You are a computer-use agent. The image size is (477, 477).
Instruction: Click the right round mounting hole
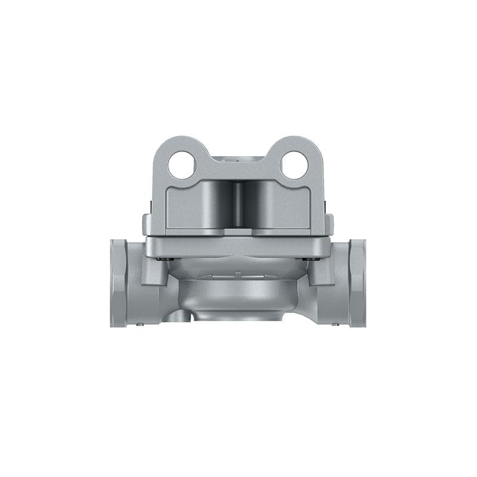point(294,165)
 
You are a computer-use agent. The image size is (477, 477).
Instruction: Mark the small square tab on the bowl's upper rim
point(238,274)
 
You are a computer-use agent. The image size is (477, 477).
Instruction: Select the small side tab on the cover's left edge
point(146,224)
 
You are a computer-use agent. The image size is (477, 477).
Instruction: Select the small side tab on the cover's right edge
point(330,224)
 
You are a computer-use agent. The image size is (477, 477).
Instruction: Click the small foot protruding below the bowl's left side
point(182,315)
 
